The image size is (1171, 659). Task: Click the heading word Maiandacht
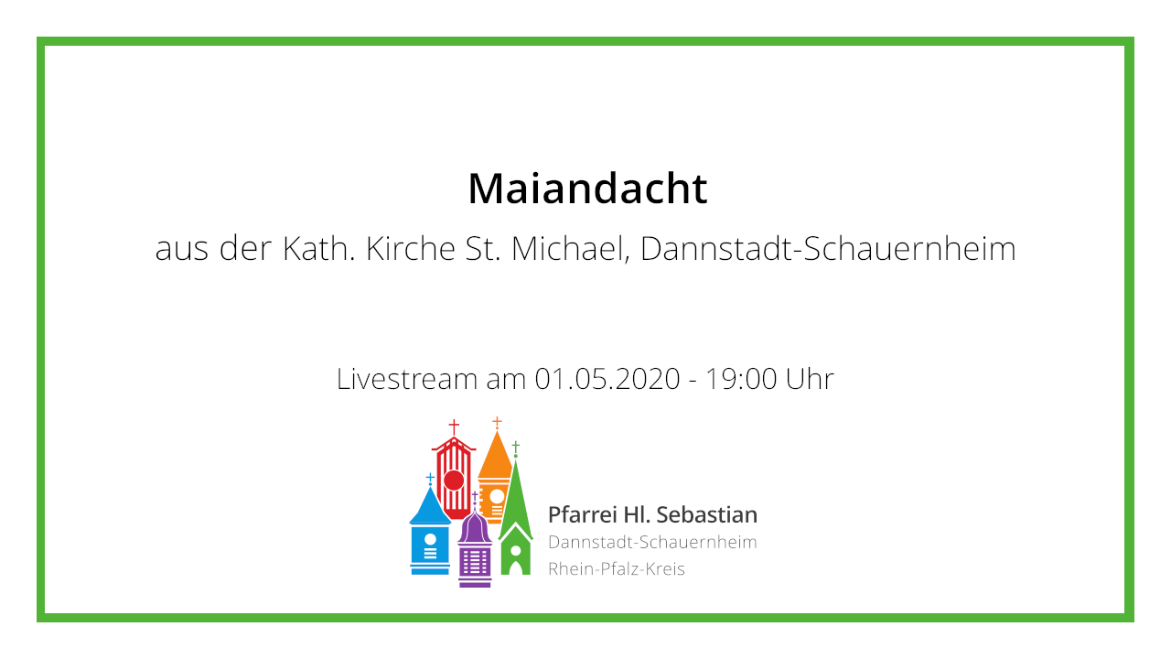587,189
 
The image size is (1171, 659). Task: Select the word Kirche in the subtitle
411,248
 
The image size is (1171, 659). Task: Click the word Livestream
406,379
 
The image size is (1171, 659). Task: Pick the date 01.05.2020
607,379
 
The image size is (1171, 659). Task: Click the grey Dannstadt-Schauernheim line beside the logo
652,543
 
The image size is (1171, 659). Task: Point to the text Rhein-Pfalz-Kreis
617,569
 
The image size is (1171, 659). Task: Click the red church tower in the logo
454,470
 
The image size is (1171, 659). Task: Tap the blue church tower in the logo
430,528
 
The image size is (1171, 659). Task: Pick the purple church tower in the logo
475,544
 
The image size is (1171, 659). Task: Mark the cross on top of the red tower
454,427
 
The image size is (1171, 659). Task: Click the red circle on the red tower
454,481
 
